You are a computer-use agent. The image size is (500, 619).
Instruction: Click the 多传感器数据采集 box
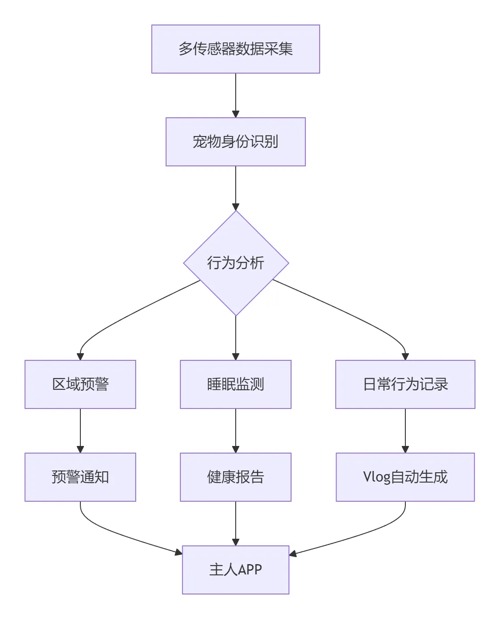(236, 49)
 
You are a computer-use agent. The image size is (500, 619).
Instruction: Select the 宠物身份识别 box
(236, 142)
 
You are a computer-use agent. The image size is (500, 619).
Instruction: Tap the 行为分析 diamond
(236, 263)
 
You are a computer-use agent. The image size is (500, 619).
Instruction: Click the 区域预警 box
(80, 384)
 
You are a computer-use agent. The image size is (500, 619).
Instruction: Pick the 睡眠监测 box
(236, 384)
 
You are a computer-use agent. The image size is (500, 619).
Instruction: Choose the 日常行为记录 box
(405, 384)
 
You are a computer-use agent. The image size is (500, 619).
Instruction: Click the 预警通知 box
(80, 477)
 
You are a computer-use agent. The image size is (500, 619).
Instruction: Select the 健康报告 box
(236, 477)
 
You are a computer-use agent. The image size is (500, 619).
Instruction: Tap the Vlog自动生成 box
(405, 477)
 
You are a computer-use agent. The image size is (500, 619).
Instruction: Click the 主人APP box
(236, 570)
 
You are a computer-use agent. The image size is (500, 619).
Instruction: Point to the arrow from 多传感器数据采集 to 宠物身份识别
(236, 95)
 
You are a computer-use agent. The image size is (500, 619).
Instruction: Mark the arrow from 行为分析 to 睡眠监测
(236, 338)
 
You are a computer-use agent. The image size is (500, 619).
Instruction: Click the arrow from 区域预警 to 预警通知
(80, 431)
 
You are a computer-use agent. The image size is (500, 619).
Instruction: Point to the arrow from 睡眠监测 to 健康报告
(236, 431)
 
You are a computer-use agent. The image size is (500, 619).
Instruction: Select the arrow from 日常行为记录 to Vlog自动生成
(405, 431)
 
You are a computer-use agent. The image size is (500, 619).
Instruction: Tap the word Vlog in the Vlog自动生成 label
(376, 477)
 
